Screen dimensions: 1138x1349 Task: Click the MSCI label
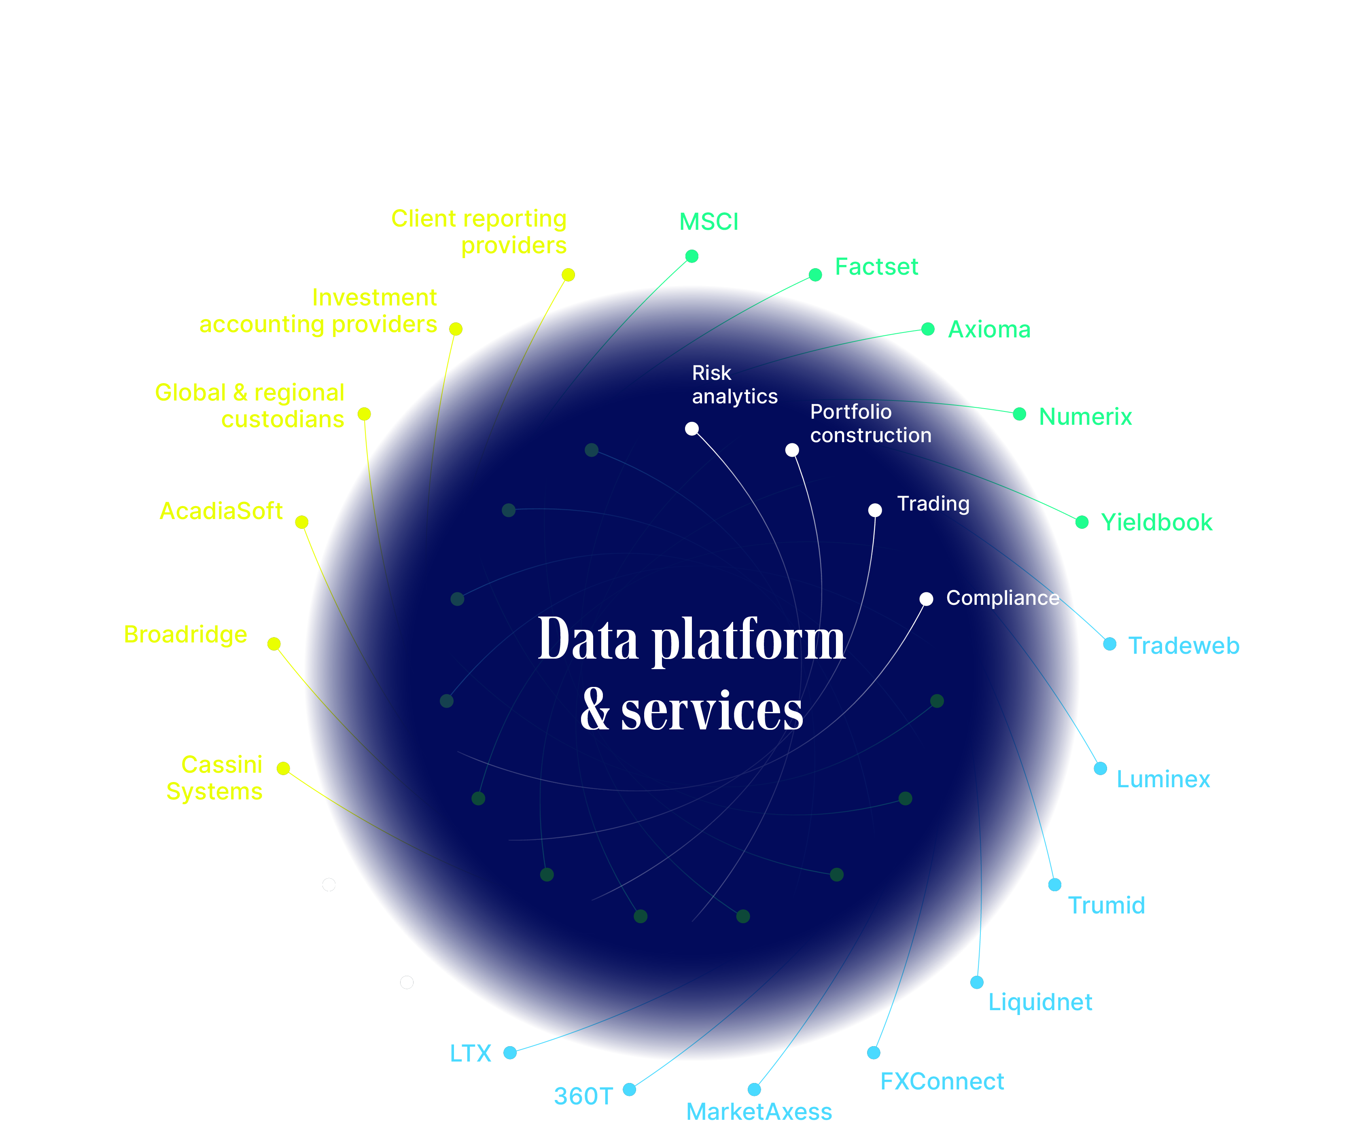point(708,222)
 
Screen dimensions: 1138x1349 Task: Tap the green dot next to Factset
point(815,275)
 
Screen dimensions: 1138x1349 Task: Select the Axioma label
point(988,330)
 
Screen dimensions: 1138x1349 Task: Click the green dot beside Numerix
point(1019,414)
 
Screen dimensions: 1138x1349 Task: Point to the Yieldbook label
point(1156,523)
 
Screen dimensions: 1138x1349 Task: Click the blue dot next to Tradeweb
point(1109,644)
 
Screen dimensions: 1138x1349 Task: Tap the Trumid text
point(1106,906)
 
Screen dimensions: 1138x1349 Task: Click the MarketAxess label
point(759,1112)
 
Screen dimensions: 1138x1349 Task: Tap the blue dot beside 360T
point(629,1089)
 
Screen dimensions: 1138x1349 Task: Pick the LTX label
point(470,1053)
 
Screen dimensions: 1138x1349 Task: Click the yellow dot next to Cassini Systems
point(283,768)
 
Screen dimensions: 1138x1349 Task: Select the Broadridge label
point(185,635)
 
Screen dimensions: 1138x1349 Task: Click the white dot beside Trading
point(875,510)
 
